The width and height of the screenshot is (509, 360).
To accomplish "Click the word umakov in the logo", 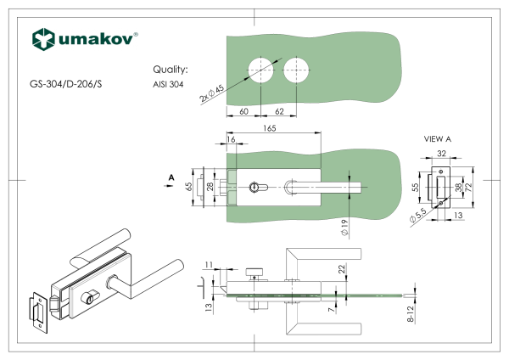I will [94, 39].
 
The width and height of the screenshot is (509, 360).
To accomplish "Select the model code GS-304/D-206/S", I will [65, 85].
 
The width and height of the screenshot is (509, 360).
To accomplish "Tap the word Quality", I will [170, 70].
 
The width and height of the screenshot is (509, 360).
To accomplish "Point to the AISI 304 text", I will [168, 85].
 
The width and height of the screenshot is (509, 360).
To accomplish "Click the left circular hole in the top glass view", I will [260, 69].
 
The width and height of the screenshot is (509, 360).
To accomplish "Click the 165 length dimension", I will [269, 128].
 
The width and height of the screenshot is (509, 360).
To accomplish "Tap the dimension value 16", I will [231, 138].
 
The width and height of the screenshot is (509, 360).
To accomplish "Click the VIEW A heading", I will [438, 138].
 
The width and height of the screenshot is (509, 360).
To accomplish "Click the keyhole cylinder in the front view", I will [258, 185].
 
